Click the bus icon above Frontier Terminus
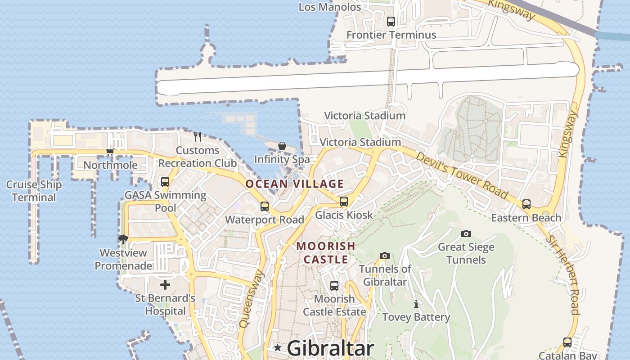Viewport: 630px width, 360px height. [x=391, y=21]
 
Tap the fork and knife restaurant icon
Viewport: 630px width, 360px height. [x=198, y=136]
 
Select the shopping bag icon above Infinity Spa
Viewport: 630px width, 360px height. [x=282, y=146]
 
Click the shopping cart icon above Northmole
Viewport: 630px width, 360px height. [x=110, y=152]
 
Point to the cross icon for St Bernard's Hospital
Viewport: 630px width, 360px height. [x=165, y=285]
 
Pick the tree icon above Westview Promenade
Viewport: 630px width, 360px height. [x=123, y=239]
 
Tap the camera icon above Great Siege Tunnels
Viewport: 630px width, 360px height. [x=466, y=234]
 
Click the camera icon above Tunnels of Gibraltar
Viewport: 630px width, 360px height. [x=384, y=256]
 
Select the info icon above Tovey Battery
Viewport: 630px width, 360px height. [x=416, y=304]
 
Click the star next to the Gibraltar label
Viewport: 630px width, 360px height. [x=278, y=348]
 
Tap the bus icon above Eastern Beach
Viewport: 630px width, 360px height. [x=526, y=204]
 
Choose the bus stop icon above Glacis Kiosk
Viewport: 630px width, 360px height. [x=344, y=202]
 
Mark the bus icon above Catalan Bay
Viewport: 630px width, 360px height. [x=567, y=342]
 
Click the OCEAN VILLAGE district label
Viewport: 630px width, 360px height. [x=295, y=184]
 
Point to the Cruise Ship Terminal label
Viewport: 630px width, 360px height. [x=34, y=191]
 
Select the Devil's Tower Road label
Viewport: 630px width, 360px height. [x=461, y=175]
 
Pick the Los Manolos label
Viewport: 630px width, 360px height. [x=330, y=7]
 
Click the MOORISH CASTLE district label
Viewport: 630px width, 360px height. [x=326, y=252]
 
